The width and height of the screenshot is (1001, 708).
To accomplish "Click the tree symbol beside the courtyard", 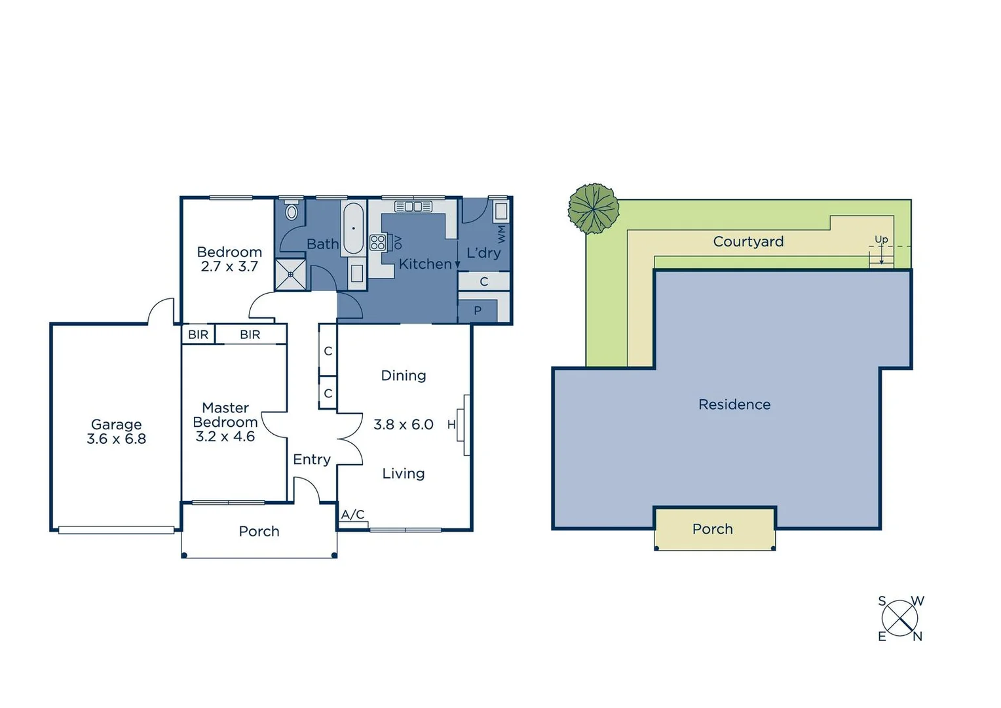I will tap(593, 208).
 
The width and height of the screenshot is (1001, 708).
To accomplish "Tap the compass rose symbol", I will tap(899, 618).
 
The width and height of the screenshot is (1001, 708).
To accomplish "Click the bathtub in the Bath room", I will tap(353, 228).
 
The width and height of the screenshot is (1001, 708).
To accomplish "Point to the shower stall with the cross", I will tap(291, 274).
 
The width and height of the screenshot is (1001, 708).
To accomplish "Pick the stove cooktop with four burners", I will tap(377, 243).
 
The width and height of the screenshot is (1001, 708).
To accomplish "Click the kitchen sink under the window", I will tap(413, 206).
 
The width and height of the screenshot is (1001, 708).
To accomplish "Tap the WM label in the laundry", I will tap(502, 233).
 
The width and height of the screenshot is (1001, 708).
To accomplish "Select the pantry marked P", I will tap(478, 311).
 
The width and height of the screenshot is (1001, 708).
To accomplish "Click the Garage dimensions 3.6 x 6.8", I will tap(117, 439).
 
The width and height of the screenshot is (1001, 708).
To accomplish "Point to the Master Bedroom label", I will tap(225, 415).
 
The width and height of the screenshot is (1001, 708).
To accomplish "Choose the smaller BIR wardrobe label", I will tap(198, 334).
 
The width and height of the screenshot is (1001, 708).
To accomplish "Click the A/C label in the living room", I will tap(352, 515).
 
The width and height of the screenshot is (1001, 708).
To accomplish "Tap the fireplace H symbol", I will tap(451, 425).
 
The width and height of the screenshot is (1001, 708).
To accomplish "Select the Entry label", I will tap(312, 460).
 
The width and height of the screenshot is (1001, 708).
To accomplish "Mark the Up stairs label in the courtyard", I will tap(881, 239).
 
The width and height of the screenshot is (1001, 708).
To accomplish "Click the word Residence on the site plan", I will tap(734, 404).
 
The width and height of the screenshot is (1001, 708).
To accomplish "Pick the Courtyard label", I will tap(748, 242).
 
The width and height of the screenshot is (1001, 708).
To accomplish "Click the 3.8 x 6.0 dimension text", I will tap(403, 425).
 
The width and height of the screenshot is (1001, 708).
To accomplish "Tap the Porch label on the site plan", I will tap(713, 529).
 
